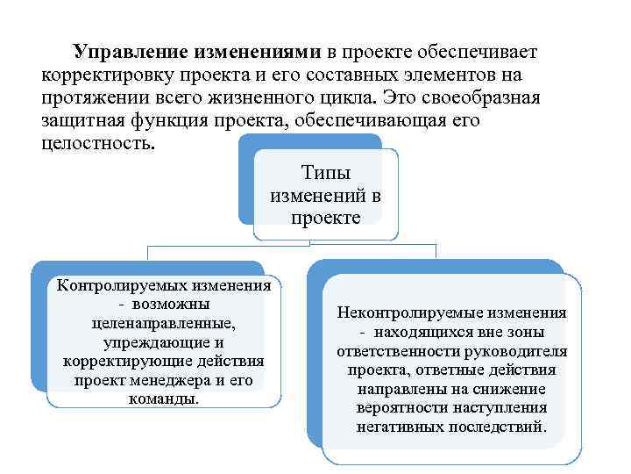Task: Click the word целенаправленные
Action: tap(163, 323)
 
